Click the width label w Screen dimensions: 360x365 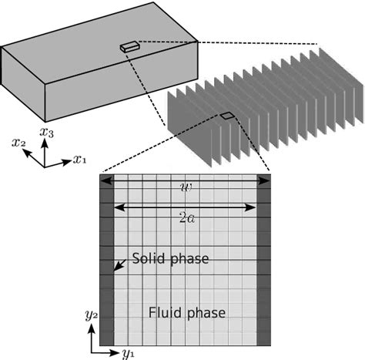pyautogui.click(x=185, y=187)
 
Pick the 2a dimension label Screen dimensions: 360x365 pyautogui.click(x=185, y=218)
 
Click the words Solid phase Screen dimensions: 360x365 pyautogui.click(x=169, y=258)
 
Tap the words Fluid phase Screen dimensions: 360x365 pyautogui.click(x=187, y=312)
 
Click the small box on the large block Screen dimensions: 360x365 pyautogui.click(x=129, y=46)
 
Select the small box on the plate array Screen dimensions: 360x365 pyautogui.click(x=226, y=116)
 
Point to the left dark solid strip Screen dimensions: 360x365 pyautogui.click(x=106, y=262)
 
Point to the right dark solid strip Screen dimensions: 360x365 pyautogui.click(x=263, y=262)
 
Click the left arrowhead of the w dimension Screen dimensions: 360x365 pyautogui.click(x=104, y=180)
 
